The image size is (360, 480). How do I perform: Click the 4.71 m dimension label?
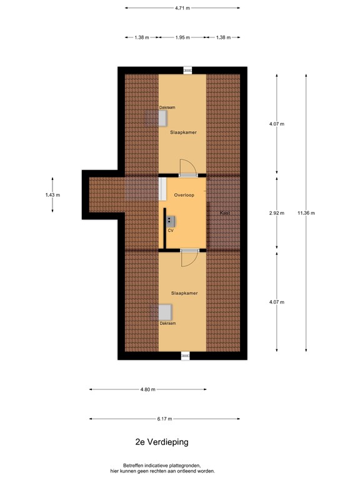pyautogui.click(x=182, y=8)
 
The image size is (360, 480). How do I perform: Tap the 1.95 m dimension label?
pyautogui.click(x=182, y=37)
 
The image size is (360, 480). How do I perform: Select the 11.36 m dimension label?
pyautogui.click(x=306, y=213)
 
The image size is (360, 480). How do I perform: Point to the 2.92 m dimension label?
pyautogui.click(x=276, y=213)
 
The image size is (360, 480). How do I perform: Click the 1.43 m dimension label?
pyautogui.click(x=52, y=195)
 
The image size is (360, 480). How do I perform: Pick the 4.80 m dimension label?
pyautogui.click(x=147, y=389)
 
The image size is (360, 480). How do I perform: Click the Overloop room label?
pyautogui.click(x=184, y=195)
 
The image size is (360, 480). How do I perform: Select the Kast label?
pyautogui.click(x=225, y=214)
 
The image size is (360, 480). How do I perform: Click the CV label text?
pyautogui.click(x=169, y=231)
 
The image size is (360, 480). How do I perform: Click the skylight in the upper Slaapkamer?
pyautogui.click(x=152, y=117)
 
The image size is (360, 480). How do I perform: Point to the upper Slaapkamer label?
pyautogui.click(x=182, y=132)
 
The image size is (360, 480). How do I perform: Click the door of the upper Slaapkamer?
pyautogui.click(x=188, y=167)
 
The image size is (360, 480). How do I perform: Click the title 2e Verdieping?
pyautogui.click(x=161, y=441)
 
